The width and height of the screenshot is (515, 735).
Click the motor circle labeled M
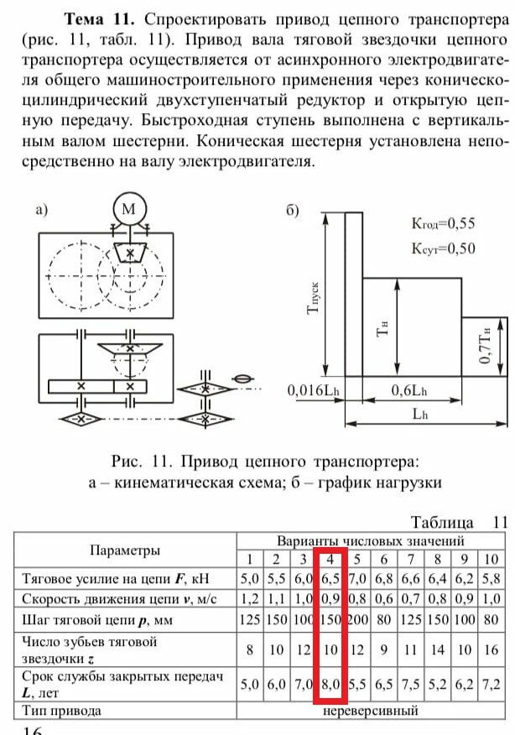129,209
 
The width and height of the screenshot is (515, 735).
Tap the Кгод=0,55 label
442,223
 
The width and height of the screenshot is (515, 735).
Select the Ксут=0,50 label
442,248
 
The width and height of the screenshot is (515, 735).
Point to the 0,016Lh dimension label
312,390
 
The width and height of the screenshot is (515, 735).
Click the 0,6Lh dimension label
410,390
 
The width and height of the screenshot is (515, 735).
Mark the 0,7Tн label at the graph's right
486,346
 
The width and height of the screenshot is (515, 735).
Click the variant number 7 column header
410,560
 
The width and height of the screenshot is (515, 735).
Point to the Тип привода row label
64,711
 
